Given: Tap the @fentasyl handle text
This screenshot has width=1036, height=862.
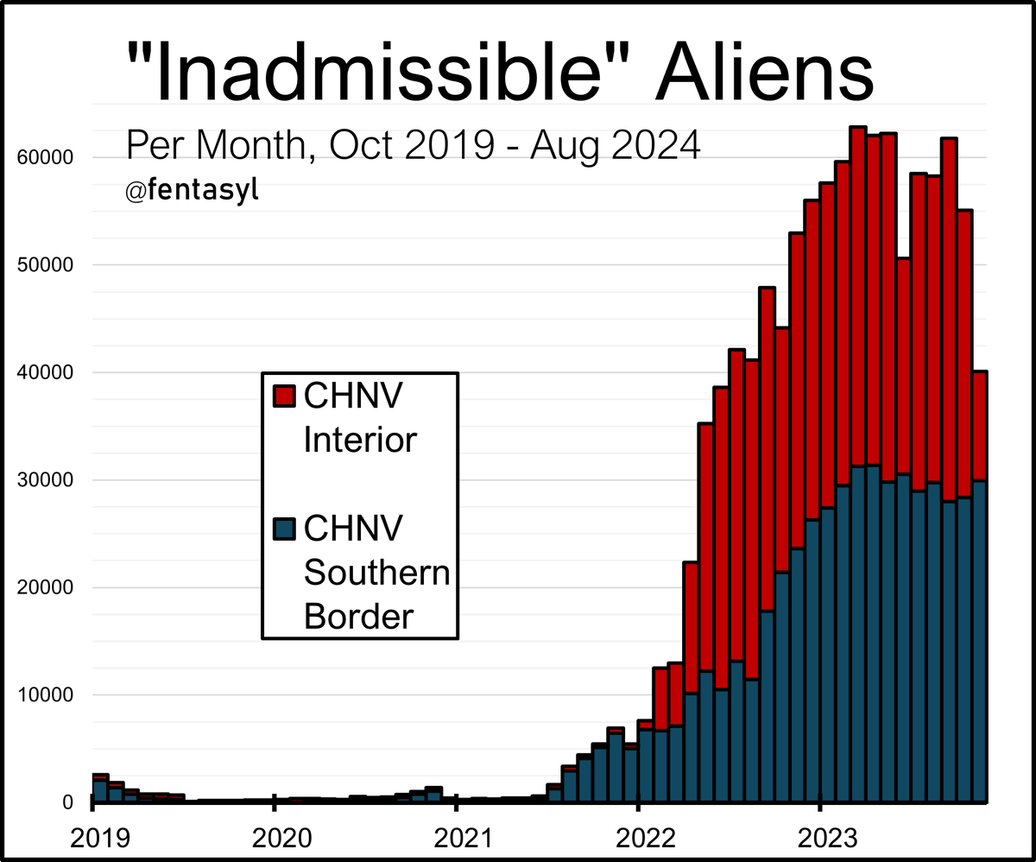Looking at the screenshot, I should [192, 191].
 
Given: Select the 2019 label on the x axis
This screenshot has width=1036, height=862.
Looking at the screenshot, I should [92, 835].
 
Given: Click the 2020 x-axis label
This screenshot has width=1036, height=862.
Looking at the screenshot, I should [274, 835].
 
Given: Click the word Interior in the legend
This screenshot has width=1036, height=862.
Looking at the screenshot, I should [360, 440].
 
